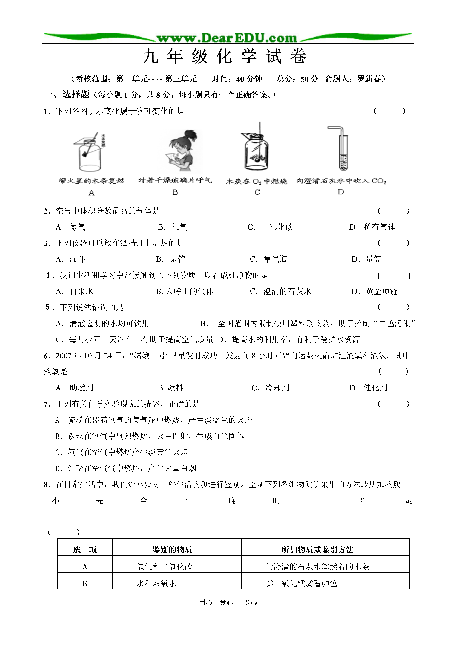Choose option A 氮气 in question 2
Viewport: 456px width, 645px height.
pos(71,227)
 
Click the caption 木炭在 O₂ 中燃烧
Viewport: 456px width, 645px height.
pos(257,181)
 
